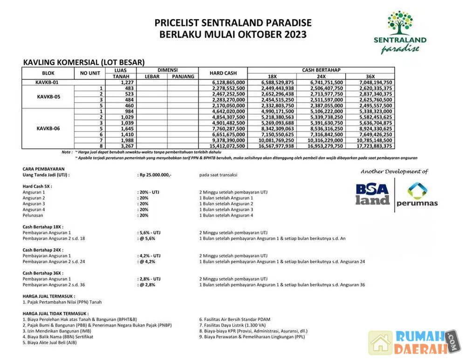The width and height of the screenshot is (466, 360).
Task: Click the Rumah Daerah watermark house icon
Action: click(380, 343)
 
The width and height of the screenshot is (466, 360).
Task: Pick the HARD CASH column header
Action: click(223, 73)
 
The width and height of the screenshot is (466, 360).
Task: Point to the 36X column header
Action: click(370, 76)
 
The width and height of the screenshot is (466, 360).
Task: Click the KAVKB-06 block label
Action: click(48, 128)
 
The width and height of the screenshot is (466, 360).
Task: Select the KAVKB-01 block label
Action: click(48, 82)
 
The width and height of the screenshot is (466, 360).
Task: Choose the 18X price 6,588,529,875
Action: click(273, 82)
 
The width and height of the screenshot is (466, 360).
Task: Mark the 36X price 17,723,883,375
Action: click(370, 146)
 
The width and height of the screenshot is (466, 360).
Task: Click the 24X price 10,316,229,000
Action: click(321, 140)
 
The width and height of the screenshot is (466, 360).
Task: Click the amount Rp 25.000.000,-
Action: click(155, 175)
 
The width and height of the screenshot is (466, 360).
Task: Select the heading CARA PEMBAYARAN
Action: click(44, 169)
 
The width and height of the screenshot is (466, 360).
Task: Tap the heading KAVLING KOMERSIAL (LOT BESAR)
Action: click(84, 62)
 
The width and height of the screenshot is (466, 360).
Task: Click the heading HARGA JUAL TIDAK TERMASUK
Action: click(55, 313)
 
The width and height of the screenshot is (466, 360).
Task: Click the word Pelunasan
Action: click(33, 215)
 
